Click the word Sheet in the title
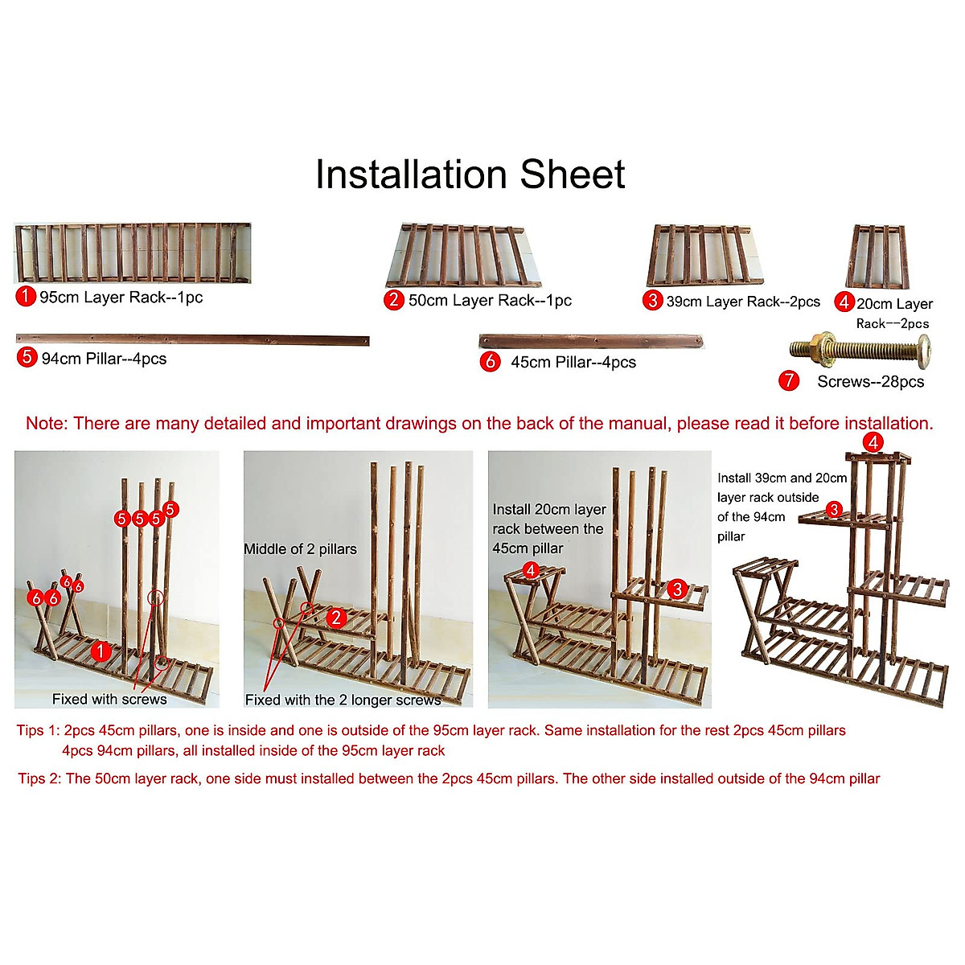tap(572, 175)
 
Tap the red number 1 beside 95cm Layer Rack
tap(26, 296)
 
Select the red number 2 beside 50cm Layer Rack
tap(393, 300)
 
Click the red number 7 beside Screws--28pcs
tap(789, 380)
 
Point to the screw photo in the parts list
tap(860, 348)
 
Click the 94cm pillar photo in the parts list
tap(192, 339)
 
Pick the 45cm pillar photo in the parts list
tap(591, 342)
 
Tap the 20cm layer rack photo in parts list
tap(877, 257)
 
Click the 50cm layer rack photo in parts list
tap(463, 256)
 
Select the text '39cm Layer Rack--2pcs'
tap(743, 302)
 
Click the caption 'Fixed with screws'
tap(109, 699)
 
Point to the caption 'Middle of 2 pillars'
tap(300, 549)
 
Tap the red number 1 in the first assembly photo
tap(101, 651)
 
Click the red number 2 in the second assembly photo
tap(336, 618)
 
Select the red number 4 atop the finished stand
tap(873, 442)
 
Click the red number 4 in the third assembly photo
tap(531, 570)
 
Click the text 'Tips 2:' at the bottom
tap(39, 778)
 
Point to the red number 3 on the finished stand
tap(834, 510)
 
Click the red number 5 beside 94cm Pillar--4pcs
tap(27, 357)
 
